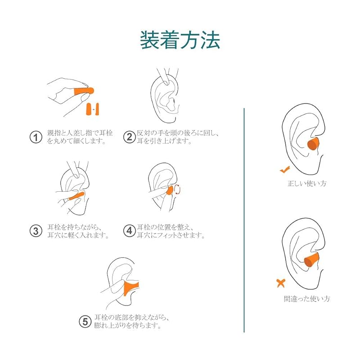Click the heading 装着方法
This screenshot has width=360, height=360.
pos(180,40)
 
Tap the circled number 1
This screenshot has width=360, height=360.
pos(36,137)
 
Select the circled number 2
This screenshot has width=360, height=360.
pos(129,137)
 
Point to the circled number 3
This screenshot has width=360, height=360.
pos(36,231)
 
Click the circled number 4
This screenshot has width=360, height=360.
pos(129,230)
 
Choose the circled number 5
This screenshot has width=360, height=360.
pos(85,321)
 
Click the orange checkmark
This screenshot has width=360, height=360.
pos(285,170)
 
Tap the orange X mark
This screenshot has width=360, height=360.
pos(281,283)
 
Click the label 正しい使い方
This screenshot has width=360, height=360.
pos(307,183)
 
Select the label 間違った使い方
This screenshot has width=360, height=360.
pos(307,298)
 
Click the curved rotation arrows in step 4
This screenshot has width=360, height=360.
pos(177,189)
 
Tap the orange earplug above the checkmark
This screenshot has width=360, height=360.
pos(313,144)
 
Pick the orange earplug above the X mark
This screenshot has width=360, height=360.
pos(311,259)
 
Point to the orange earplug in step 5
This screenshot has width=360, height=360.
pos(131,288)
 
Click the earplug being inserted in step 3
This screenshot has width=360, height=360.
pos(76,196)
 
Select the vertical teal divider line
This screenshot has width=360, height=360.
pos(244,220)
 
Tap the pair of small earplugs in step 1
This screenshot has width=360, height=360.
pos(93,109)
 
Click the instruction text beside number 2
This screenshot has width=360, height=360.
pos(177,137)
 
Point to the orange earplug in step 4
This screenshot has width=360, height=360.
pos(170,190)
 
